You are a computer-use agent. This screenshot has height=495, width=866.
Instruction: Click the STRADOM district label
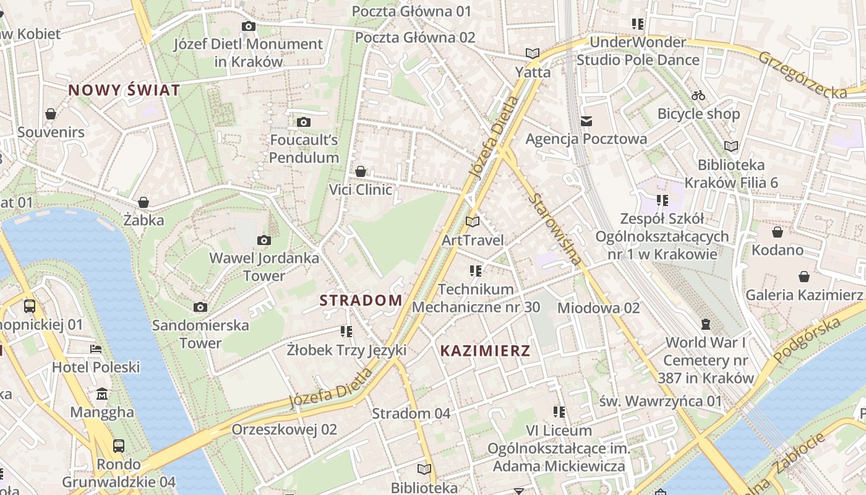[361, 301]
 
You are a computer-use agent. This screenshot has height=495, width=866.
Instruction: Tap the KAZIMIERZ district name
[485, 351]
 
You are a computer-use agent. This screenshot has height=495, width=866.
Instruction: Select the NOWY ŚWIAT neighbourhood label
[124, 90]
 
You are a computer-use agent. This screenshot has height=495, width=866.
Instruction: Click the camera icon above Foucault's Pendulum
[303, 122]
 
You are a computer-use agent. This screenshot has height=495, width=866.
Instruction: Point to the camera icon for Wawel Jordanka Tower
[264, 240]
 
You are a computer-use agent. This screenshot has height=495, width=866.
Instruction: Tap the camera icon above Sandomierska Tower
[200, 307]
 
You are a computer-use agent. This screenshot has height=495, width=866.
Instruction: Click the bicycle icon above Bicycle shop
[698, 95]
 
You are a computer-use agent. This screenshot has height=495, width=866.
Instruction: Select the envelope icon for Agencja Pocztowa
[586, 121]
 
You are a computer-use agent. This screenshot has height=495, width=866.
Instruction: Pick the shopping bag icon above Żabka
[144, 202]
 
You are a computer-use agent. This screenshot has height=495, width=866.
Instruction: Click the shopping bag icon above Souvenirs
[51, 114]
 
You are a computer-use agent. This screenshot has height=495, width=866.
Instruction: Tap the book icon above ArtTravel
[473, 222]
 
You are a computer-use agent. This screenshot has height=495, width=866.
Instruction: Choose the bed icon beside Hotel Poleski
[95, 349]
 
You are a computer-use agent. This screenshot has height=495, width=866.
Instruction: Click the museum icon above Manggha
[102, 394]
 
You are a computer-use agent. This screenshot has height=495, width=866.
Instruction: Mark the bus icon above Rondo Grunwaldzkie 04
[118, 445]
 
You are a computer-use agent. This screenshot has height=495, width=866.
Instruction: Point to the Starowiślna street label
[556, 228]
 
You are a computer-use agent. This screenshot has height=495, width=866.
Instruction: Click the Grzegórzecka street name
[802, 74]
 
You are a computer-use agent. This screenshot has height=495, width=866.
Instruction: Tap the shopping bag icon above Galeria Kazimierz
[804, 277]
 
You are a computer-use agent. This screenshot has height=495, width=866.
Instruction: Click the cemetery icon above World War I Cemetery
[705, 324]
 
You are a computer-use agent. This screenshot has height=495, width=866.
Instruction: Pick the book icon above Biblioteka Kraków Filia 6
[731, 147]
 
